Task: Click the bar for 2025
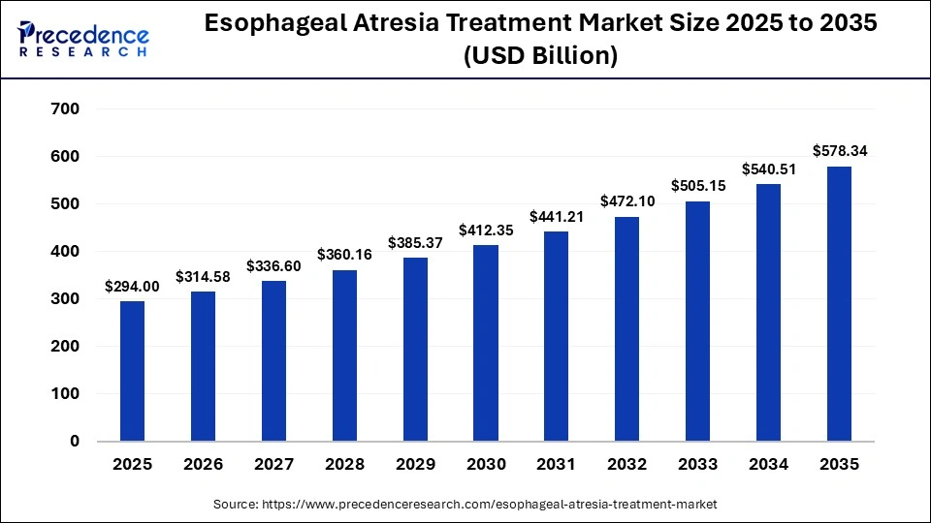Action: [132, 371]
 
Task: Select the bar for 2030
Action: [485, 343]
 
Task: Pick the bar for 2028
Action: [344, 355]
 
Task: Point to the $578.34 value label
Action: [839, 150]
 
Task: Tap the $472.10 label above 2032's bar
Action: [626, 201]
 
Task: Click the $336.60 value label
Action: [273, 265]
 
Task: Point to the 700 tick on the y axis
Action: [65, 108]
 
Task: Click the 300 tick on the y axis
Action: [65, 299]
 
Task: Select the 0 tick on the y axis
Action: [75, 442]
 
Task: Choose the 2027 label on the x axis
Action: [273, 465]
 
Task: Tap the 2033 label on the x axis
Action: [697, 465]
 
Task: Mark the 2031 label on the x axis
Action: [556, 465]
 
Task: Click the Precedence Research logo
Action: [82, 39]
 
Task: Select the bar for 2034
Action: [768, 312]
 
